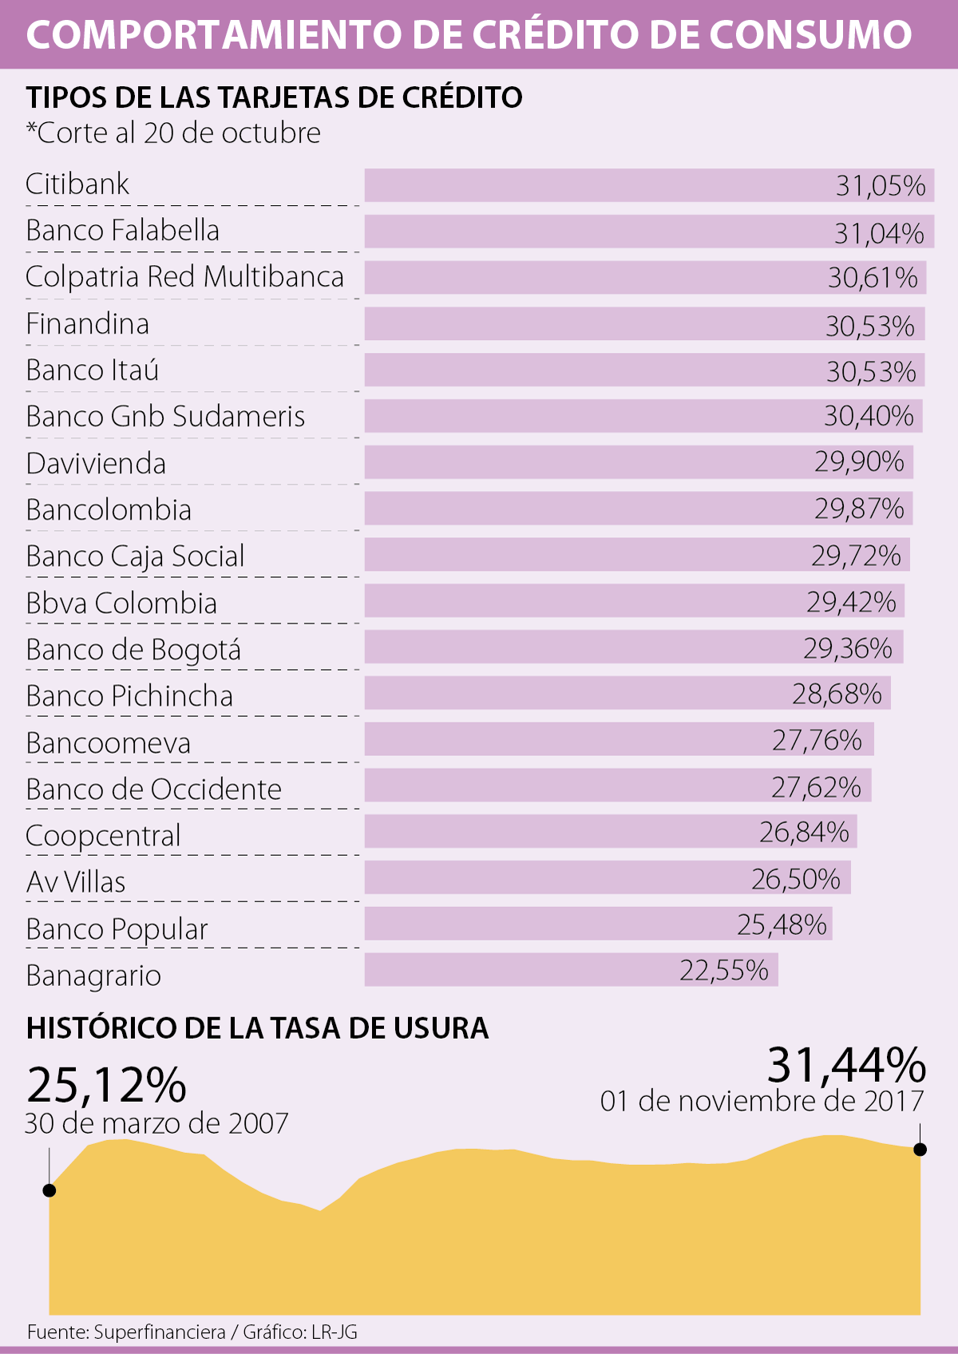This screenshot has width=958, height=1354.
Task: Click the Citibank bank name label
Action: (x=77, y=184)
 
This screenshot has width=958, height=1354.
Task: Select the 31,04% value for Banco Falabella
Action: (x=879, y=233)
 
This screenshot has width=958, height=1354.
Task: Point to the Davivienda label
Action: (x=96, y=464)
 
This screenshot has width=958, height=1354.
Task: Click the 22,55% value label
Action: (x=724, y=971)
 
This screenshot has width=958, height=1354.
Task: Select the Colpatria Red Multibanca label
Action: (x=184, y=277)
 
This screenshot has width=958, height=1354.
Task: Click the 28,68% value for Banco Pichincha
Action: (x=837, y=694)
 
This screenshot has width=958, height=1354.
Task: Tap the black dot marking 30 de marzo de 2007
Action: (x=49, y=1190)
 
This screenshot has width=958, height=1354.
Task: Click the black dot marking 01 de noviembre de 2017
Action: (x=920, y=1150)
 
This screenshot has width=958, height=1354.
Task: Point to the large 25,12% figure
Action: (x=106, y=1085)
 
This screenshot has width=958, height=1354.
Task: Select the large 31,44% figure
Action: (x=846, y=1065)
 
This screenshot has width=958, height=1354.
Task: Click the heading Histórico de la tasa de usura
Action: (x=257, y=1027)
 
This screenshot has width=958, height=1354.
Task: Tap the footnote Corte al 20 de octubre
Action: (x=173, y=133)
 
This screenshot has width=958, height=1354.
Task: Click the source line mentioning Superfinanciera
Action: (x=192, y=1332)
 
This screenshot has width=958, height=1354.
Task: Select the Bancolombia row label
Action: (x=109, y=510)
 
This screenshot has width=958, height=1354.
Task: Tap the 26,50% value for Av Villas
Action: (x=796, y=879)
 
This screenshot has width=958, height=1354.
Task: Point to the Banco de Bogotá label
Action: (x=133, y=650)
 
